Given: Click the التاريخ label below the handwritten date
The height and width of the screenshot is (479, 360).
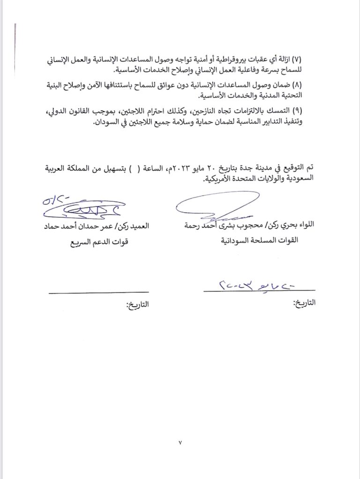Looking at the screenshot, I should (305, 304).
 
